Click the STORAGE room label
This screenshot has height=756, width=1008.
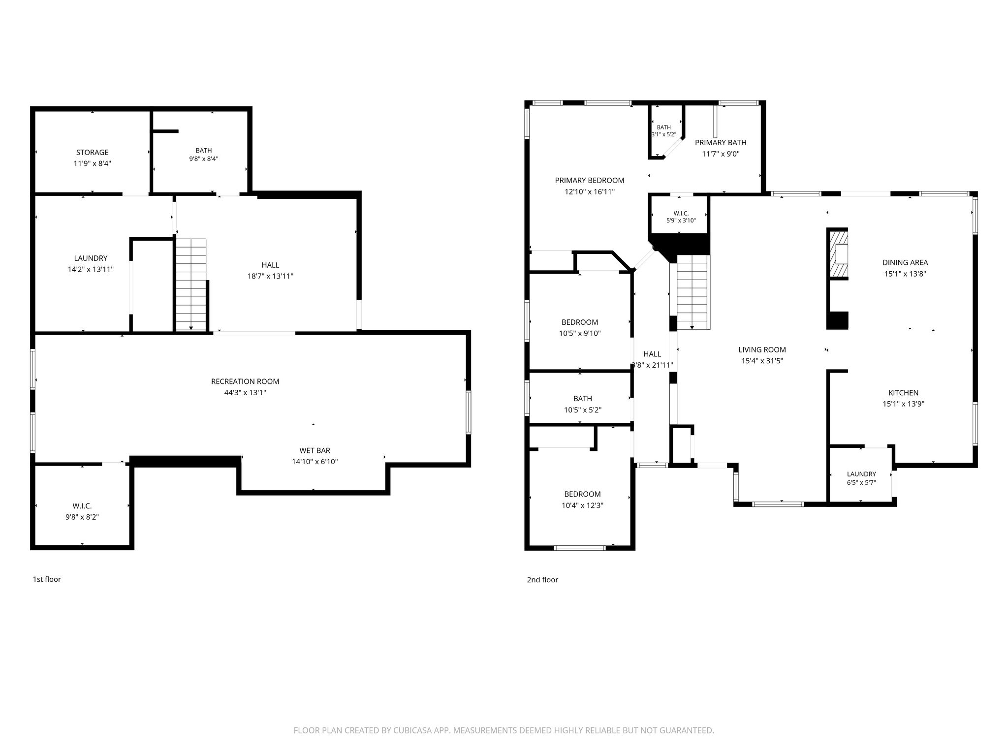pos(93,153)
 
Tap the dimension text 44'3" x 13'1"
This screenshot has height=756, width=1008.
pos(245,393)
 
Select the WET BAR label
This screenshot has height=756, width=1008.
pos(315,450)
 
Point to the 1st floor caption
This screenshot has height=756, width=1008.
pos(47,579)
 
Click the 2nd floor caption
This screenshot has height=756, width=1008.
pos(542,580)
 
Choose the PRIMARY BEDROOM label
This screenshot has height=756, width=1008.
pos(590,181)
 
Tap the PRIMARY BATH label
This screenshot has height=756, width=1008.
pos(721,143)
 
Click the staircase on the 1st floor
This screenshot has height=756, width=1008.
pos(191,284)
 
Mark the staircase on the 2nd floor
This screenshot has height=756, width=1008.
pos(693,292)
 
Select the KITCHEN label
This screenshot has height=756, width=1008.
pos(903,393)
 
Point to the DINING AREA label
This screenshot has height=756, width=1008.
pos(905,263)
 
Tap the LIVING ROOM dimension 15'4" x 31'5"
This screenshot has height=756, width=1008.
pos(762,361)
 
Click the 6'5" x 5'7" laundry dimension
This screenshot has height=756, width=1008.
pos(861,483)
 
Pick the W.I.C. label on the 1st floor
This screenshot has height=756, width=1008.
pos(82,506)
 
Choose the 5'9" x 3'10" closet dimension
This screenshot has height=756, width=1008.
pos(681,220)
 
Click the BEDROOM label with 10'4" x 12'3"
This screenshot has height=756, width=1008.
pos(582,494)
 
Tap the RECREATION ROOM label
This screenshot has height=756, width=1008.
pos(245,381)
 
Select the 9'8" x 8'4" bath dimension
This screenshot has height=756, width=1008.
pos(204,159)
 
